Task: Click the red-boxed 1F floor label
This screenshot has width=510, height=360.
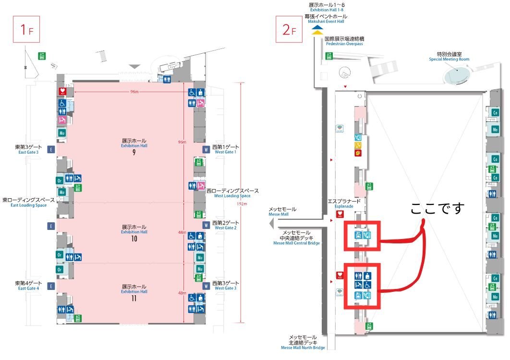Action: (x=25, y=30)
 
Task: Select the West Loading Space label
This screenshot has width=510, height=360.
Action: (x=232, y=193)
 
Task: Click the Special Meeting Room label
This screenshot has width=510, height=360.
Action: (x=449, y=57)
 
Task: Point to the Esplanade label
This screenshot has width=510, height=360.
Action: (x=340, y=204)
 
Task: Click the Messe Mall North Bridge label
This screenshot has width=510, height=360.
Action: (x=303, y=342)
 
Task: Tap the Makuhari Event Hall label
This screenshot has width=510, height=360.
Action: (x=325, y=19)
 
